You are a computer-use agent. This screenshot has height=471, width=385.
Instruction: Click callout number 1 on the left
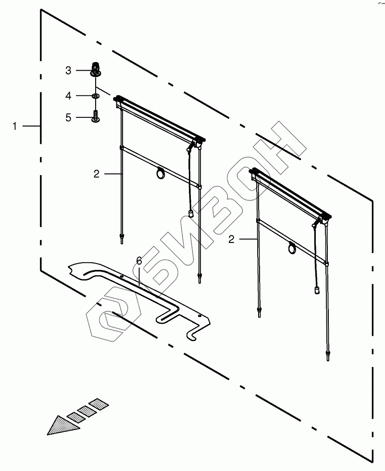point(15,126)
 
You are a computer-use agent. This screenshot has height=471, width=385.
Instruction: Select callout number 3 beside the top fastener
point(68,71)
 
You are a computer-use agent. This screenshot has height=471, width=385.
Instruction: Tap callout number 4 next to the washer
point(68,96)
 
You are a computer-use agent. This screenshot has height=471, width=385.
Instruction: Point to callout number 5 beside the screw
point(68,117)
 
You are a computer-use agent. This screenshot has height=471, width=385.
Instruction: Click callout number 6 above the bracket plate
point(139,261)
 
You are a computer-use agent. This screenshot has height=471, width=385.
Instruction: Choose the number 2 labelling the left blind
point(96,174)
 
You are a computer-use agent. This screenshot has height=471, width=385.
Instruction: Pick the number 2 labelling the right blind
point(231,239)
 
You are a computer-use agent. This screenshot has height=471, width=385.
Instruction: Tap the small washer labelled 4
point(96,97)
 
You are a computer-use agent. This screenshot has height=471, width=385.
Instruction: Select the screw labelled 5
point(96,116)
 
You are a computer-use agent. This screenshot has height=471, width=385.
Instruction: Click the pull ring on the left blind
point(160,174)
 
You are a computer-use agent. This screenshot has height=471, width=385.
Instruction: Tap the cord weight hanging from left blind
point(190,213)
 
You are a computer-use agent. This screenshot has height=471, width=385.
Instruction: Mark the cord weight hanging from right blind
point(317,290)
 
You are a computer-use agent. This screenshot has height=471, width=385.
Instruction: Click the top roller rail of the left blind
point(159,118)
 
